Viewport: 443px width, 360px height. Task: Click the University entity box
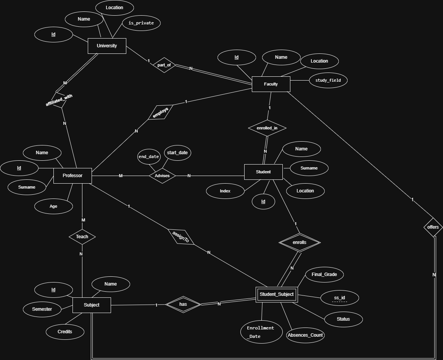(107, 46)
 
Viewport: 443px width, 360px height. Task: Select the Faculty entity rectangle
(271, 84)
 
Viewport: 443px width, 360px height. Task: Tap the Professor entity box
(72, 176)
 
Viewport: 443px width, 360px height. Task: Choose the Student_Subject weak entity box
(277, 294)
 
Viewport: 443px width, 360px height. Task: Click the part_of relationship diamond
(164, 65)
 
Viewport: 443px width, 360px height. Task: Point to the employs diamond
(161, 113)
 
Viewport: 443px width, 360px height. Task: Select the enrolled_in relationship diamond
(267, 128)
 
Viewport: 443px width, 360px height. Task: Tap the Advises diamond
(162, 176)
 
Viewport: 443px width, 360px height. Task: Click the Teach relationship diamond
(82, 237)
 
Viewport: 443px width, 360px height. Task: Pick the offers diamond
(433, 227)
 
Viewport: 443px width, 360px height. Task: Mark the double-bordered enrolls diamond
(300, 242)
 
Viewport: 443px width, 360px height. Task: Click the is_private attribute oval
(141, 23)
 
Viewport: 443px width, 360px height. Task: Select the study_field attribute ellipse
(328, 80)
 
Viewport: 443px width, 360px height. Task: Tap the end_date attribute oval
(149, 157)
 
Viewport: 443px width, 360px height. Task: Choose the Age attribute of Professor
(53, 206)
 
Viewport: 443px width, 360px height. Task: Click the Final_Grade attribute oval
(324, 274)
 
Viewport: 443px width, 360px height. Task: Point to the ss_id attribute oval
(340, 298)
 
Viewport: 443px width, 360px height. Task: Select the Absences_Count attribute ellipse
(305, 335)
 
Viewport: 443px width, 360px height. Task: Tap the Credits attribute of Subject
(65, 332)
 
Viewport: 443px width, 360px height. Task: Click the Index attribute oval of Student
(225, 191)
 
